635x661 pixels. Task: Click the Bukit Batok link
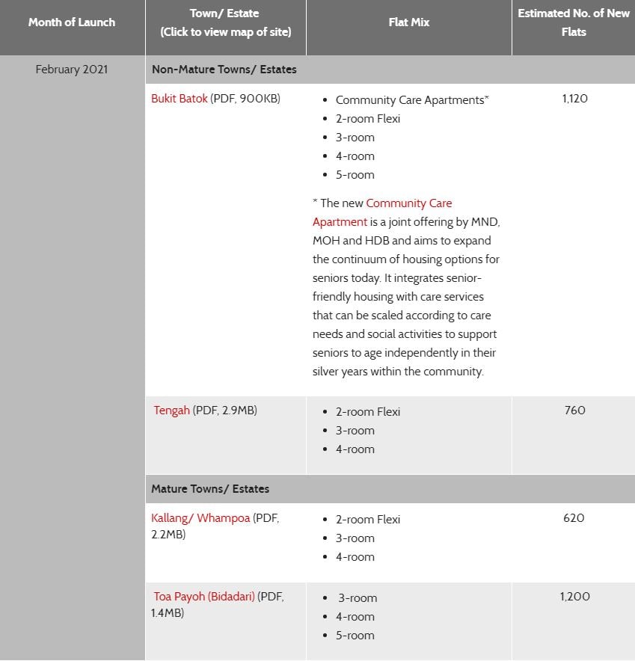tap(180, 99)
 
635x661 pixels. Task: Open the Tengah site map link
tap(172, 411)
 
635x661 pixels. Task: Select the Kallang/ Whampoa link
tap(200, 518)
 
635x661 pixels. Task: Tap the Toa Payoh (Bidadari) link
tap(204, 597)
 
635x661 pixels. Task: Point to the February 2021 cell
tap(72, 70)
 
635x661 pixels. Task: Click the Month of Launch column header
tap(72, 22)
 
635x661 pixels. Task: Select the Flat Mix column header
tap(409, 22)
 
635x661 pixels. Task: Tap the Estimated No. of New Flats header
tap(574, 22)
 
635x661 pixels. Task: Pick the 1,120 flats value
tap(574, 99)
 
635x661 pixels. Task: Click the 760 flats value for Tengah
tap(574, 411)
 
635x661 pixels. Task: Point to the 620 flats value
tap(574, 518)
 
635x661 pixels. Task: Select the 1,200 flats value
tap(574, 597)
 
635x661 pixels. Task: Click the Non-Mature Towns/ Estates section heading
tap(224, 70)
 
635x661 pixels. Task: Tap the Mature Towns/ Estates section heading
tap(210, 489)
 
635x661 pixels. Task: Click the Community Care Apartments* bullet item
tap(412, 100)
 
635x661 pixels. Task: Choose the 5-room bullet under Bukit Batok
tap(355, 175)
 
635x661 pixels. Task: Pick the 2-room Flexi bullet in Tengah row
tap(368, 412)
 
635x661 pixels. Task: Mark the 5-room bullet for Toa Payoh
tap(355, 636)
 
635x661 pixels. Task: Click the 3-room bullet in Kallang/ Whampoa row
tap(355, 538)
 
